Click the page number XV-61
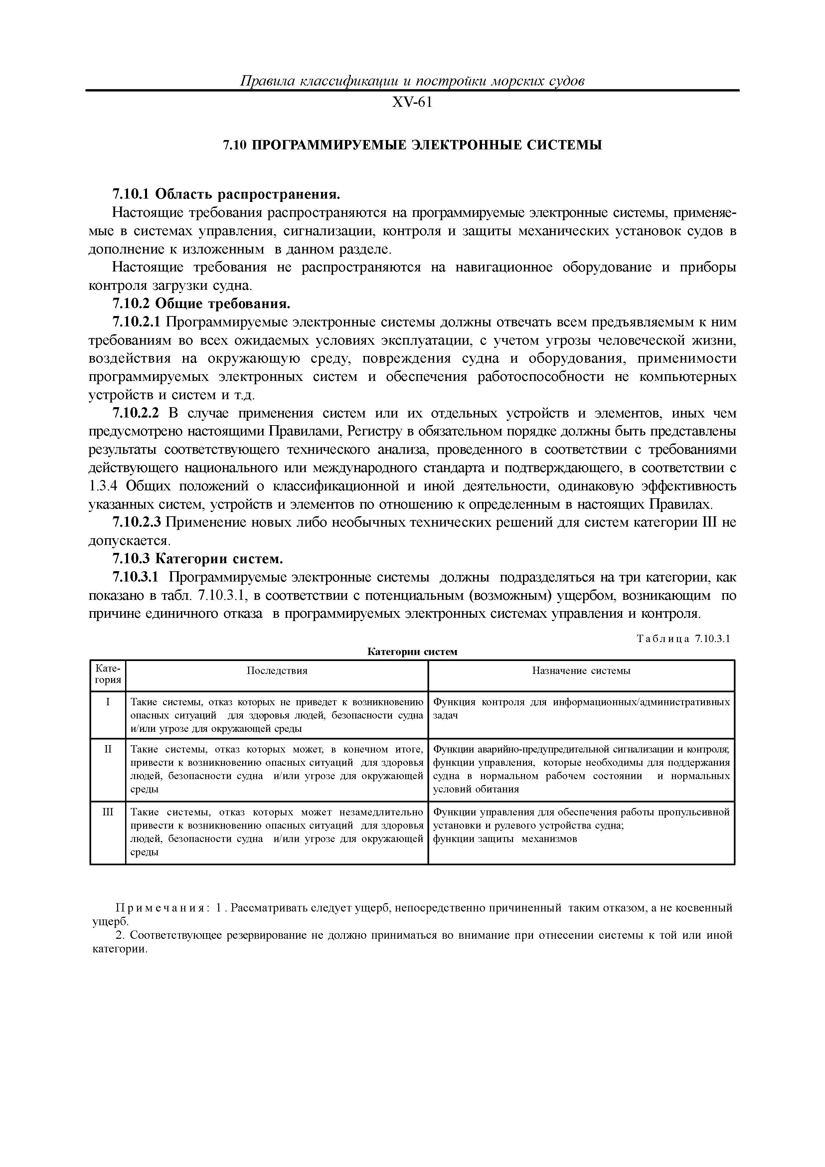[x=412, y=103]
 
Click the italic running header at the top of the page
[x=412, y=81]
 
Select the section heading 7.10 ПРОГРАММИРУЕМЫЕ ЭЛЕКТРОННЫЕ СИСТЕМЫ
[x=412, y=145]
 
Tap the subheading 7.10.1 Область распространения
[x=225, y=194]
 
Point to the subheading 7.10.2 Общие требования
[x=201, y=304]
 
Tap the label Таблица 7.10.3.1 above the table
[x=683, y=639]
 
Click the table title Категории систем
[x=412, y=652]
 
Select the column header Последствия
[x=277, y=670]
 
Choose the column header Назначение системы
[x=581, y=670]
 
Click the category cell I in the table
[x=108, y=702]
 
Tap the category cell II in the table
[x=108, y=749]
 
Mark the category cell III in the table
[x=108, y=812]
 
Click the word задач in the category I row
[x=445, y=715]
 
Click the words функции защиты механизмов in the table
[x=505, y=839]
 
